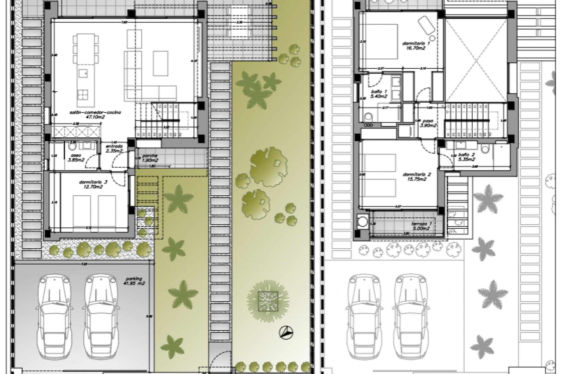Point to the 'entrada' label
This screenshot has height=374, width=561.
click(114, 146)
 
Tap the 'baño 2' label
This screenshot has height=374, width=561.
click(467, 155)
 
